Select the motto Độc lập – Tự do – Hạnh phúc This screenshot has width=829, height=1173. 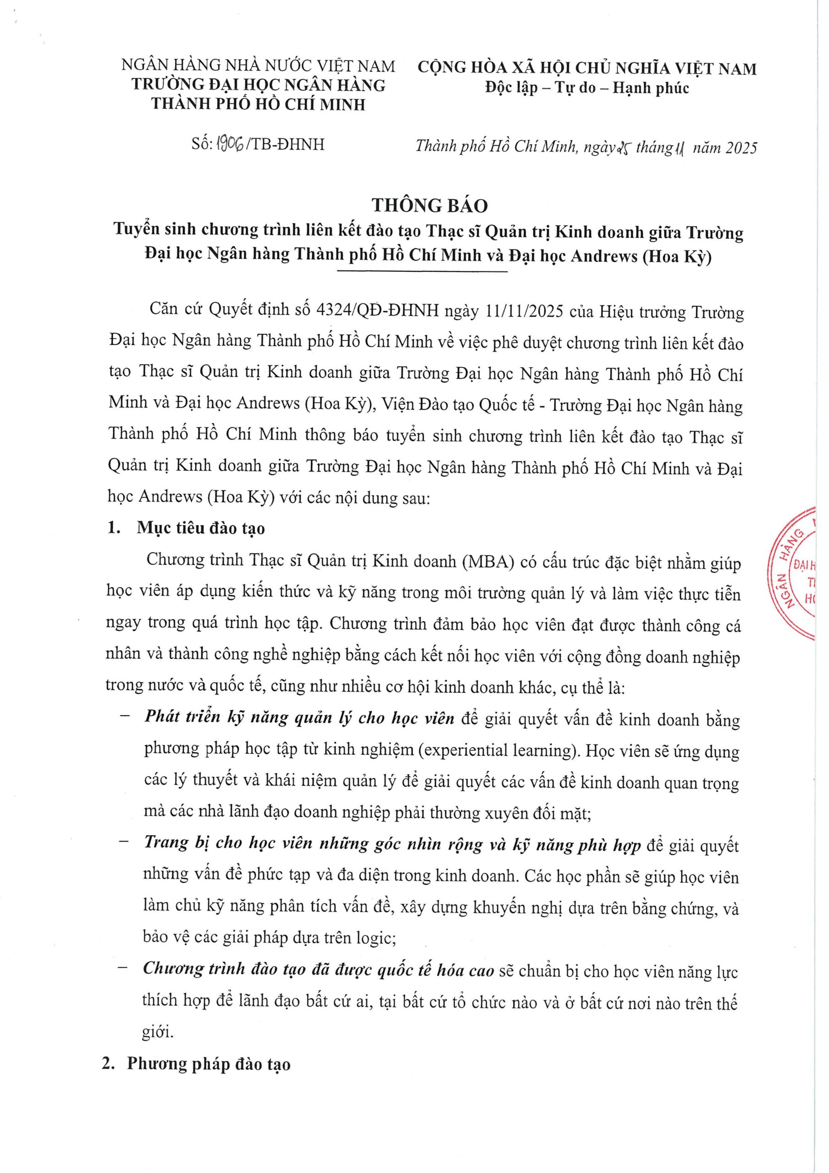point(587,88)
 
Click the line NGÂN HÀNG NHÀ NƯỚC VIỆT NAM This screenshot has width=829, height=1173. point(258,66)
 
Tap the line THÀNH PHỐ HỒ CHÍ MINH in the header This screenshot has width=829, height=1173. point(258,104)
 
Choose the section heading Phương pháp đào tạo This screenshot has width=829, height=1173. point(209,1064)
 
